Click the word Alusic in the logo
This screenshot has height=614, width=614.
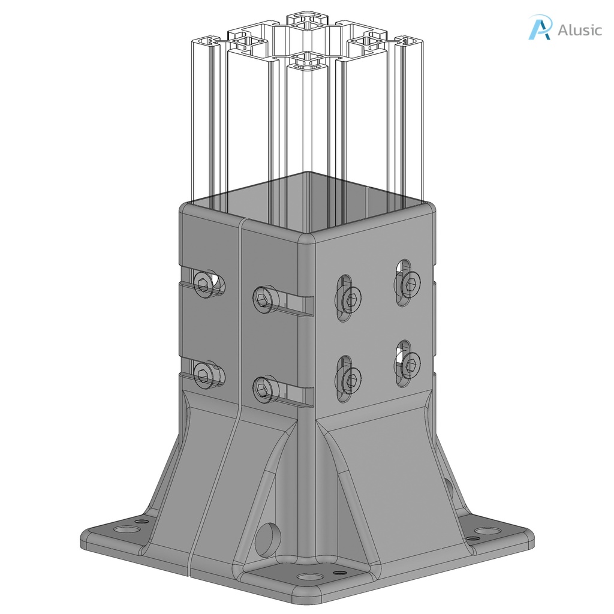click(579, 29)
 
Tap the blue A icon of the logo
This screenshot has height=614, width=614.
click(539, 28)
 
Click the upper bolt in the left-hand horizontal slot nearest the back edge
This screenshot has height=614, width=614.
click(204, 281)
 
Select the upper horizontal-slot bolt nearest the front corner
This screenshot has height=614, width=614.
click(264, 298)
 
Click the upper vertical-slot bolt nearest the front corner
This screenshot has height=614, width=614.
click(351, 297)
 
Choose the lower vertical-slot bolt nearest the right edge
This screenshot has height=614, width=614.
click(410, 363)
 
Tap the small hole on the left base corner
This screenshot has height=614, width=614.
click(142, 521)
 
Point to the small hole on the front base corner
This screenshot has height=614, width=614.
click(340, 573)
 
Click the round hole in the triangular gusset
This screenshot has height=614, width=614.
click(267, 537)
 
